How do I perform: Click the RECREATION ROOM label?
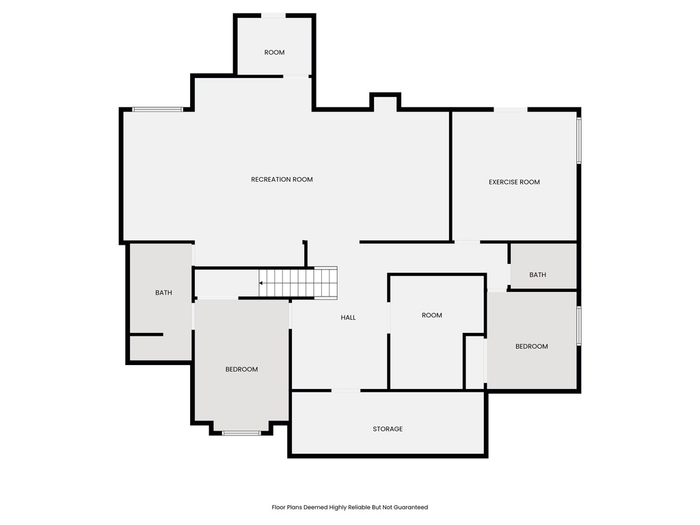coord(282,179)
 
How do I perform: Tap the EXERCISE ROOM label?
coord(514,182)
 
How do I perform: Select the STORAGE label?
coord(388,429)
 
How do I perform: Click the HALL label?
coord(349,317)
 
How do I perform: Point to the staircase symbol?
coord(299,282)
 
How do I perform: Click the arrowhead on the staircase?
coord(261,282)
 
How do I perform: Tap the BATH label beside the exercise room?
coord(537,275)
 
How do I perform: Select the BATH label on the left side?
coord(163,293)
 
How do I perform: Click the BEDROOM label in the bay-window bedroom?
coord(241,369)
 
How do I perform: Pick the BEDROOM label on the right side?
coord(531,346)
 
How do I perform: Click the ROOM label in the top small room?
coord(274,52)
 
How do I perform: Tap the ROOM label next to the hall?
coord(431,315)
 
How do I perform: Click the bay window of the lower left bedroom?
coord(241,432)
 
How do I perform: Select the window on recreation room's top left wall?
coord(157,109)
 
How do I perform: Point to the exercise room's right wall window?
coord(578,141)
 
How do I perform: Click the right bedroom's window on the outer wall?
coord(578,325)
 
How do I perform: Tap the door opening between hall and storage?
coord(345,390)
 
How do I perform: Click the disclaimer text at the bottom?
coord(349,507)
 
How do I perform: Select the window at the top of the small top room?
coord(273,15)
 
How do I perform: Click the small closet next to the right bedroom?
coord(474,362)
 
